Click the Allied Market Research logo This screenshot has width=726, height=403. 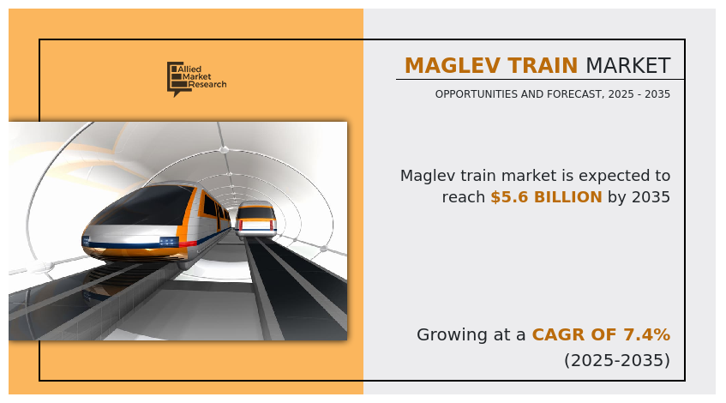pyautogui.click(x=197, y=79)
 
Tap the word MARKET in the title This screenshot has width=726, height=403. pyautogui.click(x=627, y=66)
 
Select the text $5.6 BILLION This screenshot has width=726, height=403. pyautogui.click(x=546, y=197)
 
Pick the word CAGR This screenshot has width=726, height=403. pyautogui.click(x=552, y=334)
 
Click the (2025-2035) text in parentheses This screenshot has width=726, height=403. pyautogui.click(x=617, y=360)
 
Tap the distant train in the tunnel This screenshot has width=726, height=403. pyautogui.click(x=255, y=220)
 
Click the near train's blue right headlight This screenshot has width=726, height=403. pyautogui.click(x=168, y=241)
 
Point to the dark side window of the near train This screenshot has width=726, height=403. pyautogui.click(x=209, y=204)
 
